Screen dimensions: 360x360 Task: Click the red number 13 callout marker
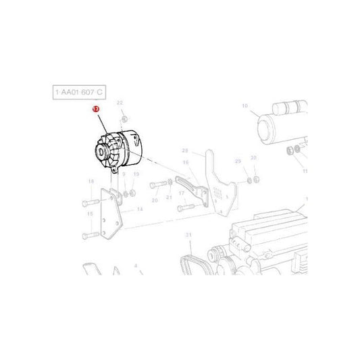click(x=96, y=109)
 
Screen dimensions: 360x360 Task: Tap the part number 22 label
click(x=120, y=103)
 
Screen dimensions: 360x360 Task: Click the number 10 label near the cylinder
click(x=245, y=105)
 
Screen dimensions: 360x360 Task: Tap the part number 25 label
click(x=237, y=161)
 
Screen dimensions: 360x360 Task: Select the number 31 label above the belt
click(x=189, y=234)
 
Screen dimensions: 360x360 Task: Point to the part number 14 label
click(x=140, y=209)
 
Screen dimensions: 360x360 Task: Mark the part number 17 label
click(x=182, y=192)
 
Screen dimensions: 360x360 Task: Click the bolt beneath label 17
click(x=187, y=208)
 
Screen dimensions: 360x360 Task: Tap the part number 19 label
click(x=136, y=174)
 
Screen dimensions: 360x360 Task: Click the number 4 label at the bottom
click(x=136, y=267)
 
